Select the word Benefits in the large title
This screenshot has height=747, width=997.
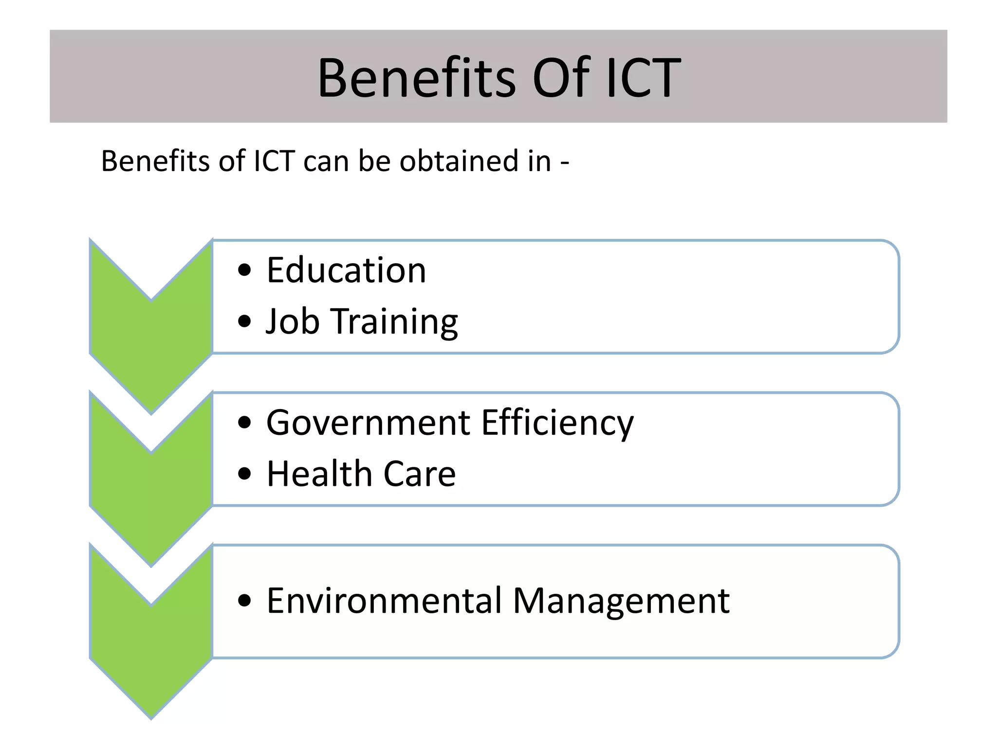[x=416, y=78]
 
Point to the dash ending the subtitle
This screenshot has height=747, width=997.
[x=564, y=162]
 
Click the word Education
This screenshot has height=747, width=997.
[x=346, y=270]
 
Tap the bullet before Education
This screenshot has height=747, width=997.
[x=244, y=270]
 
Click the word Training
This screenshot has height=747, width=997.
[x=395, y=322]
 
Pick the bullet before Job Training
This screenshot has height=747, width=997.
[x=244, y=321]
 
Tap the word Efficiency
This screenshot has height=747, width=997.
[x=557, y=423]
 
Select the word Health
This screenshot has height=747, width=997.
[x=319, y=474]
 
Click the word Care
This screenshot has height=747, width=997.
[x=420, y=474]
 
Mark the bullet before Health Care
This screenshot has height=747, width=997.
[x=244, y=474]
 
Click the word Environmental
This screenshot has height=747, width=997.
[x=384, y=601]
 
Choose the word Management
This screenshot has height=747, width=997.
[x=621, y=601]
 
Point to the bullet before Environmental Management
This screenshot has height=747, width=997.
[x=244, y=601]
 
